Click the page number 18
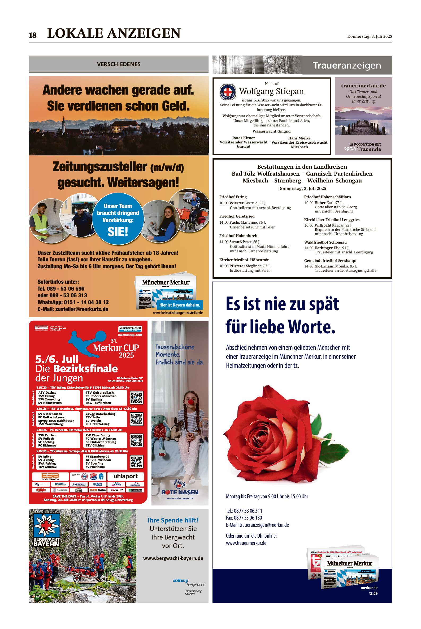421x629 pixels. click(33, 35)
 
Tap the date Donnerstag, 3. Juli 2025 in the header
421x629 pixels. click(370, 36)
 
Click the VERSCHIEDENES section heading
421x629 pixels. click(119, 64)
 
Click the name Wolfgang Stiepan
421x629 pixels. click(271, 91)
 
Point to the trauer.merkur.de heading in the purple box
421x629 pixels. click(363, 86)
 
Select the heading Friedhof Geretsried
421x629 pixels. click(237, 216)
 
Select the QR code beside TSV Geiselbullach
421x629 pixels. click(136, 398)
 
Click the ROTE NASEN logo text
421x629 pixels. click(180, 492)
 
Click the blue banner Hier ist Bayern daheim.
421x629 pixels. click(180, 305)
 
